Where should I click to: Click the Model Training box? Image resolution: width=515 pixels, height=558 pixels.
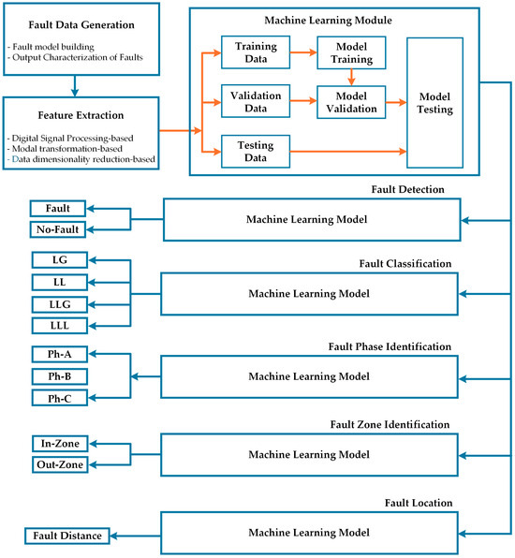click(x=346, y=51)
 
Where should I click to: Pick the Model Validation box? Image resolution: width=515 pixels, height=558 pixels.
click(x=346, y=100)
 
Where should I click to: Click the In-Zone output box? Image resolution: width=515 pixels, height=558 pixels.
click(x=58, y=443)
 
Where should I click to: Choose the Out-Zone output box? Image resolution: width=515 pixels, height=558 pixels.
click(x=58, y=465)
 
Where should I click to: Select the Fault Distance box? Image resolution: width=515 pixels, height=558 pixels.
click(x=66, y=536)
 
